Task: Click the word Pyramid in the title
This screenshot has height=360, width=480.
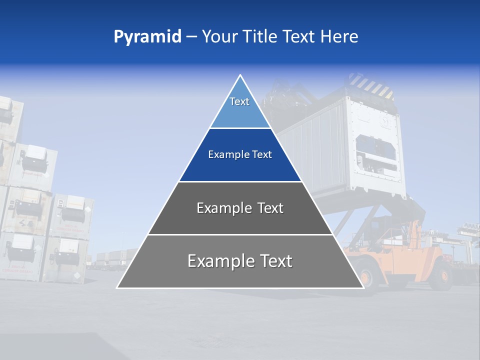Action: (x=147, y=37)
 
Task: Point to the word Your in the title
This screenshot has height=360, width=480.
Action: (x=219, y=36)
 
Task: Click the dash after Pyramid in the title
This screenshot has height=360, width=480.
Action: (x=191, y=37)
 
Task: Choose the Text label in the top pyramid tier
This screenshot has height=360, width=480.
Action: (x=239, y=101)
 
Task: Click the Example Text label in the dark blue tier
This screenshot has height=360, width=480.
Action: (x=240, y=154)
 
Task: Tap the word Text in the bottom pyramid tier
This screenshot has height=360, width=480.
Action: (x=275, y=261)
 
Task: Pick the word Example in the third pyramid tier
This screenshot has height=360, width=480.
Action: (x=224, y=208)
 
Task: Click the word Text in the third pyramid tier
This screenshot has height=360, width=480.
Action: (x=270, y=208)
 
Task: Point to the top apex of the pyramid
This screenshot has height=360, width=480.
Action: (x=240, y=75)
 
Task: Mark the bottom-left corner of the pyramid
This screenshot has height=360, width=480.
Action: (x=117, y=287)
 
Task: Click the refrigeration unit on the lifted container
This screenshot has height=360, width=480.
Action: (x=375, y=150)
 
